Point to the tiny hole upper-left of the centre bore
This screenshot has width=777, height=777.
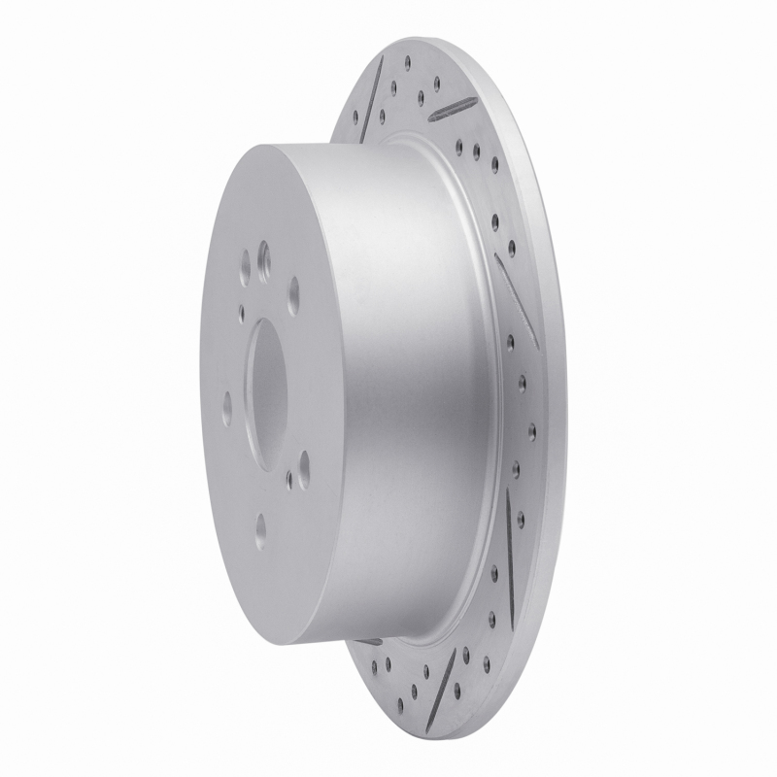[x=241, y=310]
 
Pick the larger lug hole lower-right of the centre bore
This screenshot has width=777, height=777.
[x=303, y=460]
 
